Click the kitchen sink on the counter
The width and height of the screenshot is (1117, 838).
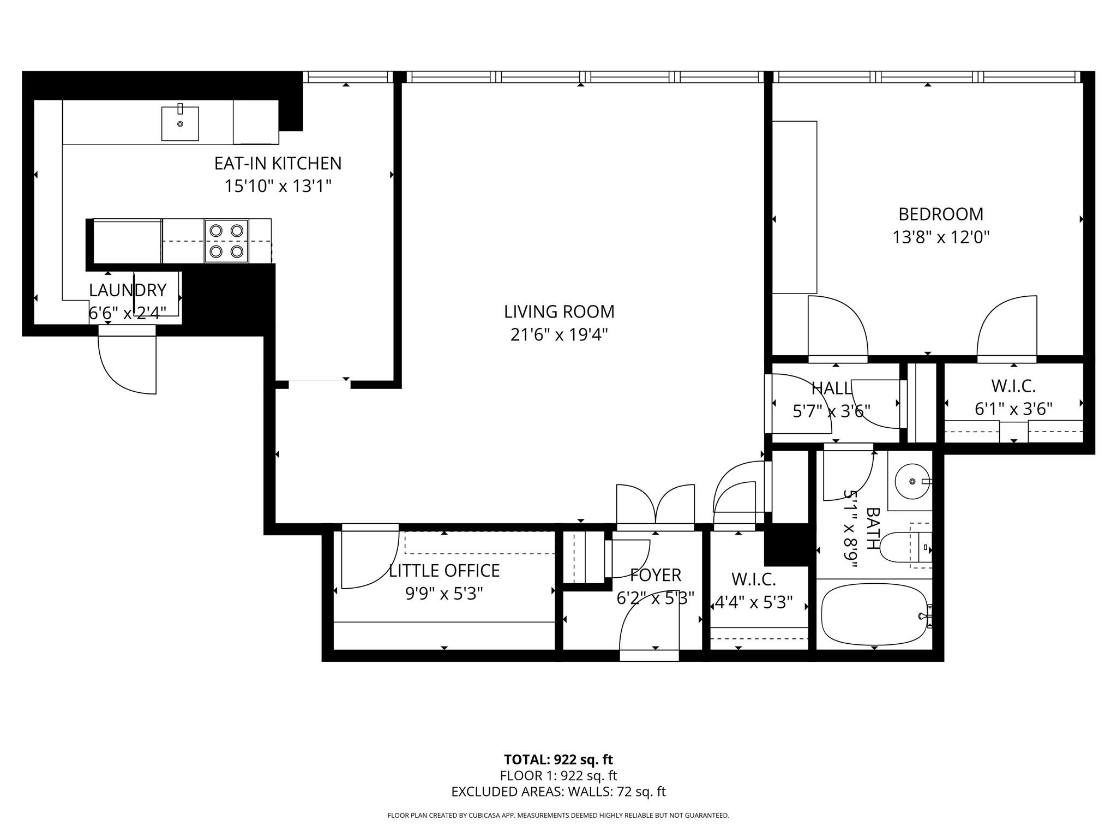click(180, 124)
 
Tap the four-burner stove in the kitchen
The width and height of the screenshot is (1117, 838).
click(226, 241)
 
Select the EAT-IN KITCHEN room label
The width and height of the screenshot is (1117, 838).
click(278, 163)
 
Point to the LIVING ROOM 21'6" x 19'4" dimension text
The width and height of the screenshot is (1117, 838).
click(559, 334)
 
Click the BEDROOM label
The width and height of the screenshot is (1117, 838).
click(941, 214)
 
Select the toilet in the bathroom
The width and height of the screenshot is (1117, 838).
click(900, 547)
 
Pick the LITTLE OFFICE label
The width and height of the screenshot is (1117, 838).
click(444, 571)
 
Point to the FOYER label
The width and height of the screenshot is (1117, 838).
click(656, 575)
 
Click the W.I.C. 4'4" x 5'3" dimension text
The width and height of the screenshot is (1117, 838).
click(753, 603)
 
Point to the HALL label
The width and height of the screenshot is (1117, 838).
click(831, 388)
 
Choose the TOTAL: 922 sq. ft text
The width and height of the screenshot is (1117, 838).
click(558, 759)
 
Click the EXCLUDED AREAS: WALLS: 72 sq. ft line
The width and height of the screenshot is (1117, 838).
click(558, 792)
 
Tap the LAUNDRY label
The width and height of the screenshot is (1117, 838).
click(128, 290)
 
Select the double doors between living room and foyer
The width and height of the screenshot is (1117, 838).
click(655, 505)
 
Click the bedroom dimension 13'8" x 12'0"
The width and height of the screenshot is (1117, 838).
click(941, 237)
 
